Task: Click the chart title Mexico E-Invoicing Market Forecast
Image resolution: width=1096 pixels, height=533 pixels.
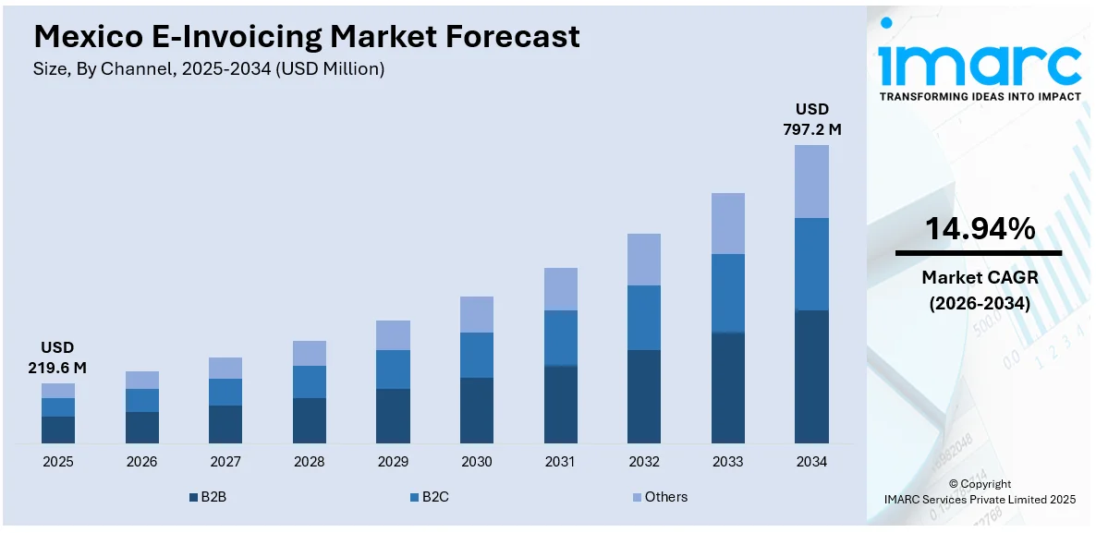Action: tap(307, 36)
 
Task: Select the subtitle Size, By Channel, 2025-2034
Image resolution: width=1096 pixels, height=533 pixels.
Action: tap(209, 68)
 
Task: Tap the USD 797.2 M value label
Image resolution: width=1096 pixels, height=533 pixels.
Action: tap(811, 119)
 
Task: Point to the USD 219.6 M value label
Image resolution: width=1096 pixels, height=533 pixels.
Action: tap(57, 357)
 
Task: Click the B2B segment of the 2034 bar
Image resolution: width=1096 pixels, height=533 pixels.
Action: tap(811, 377)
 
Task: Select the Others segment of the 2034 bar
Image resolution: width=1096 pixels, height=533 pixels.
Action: tap(811, 181)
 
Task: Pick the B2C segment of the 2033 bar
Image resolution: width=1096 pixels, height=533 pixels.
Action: tap(727, 293)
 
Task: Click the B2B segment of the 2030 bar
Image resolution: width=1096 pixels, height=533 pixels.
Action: tap(476, 410)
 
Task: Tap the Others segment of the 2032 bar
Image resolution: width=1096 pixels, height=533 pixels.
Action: tap(643, 259)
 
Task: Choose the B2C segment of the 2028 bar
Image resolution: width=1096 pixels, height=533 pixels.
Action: tap(309, 382)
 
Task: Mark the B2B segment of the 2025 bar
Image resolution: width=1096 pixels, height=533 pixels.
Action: tap(57, 430)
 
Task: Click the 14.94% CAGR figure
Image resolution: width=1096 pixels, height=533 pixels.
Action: tap(980, 229)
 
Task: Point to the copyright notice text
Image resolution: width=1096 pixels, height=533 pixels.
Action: tap(980, 491)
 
